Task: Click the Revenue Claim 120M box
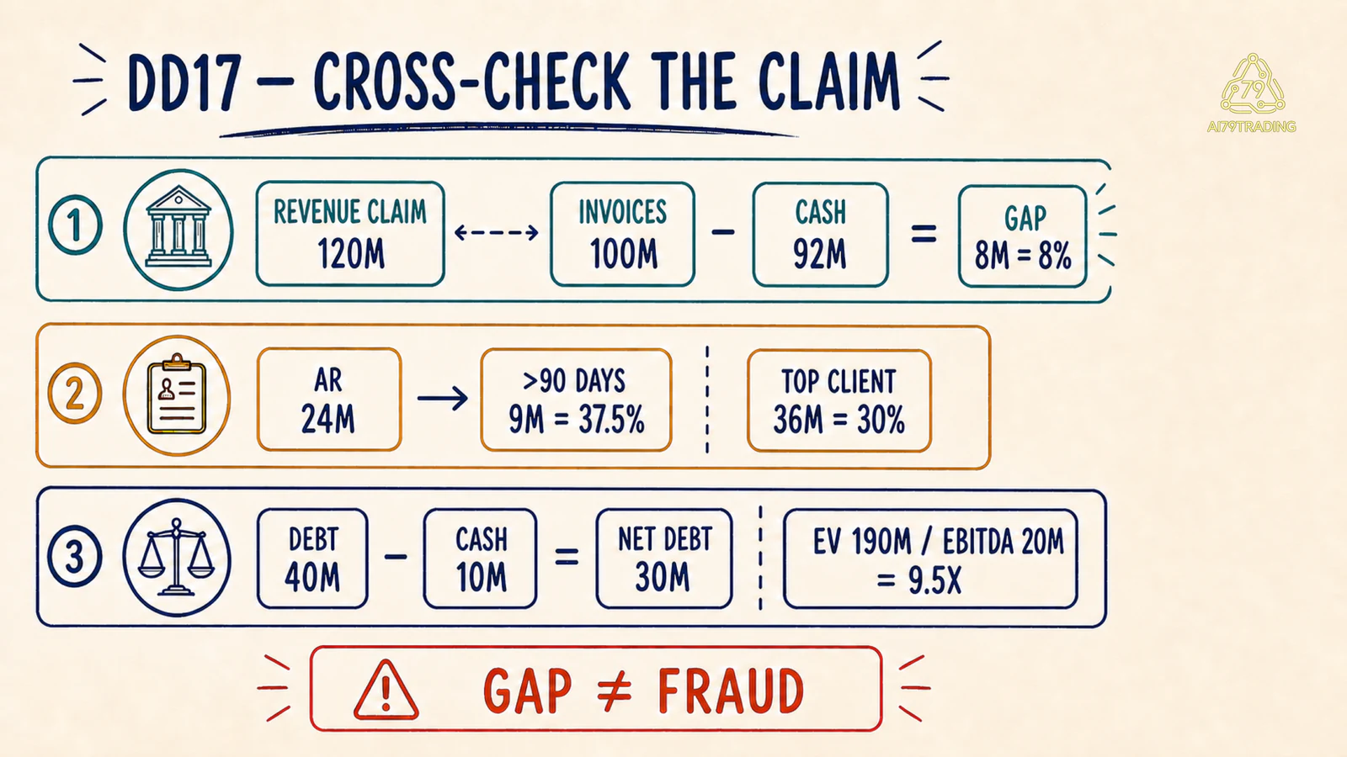[350, 234]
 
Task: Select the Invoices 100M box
[622, 235]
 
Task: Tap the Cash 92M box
[820, 235]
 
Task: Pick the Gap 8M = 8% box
[1023, 236]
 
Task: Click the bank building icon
[178, 229]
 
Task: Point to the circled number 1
[75, 225]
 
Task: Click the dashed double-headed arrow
[497, 232]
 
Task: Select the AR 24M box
[329, 400]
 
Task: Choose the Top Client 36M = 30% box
[839, 400]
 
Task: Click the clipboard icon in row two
[177, 394]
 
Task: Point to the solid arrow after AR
[443, 399]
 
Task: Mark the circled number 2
[75, 394]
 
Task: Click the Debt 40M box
[312, 558]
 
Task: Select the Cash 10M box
[481, 558]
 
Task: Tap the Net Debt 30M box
[664, 558]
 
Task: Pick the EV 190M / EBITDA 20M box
[930, 559]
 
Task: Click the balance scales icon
[176, 557]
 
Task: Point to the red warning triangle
[386, 690]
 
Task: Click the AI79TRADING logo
[1252, 93]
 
